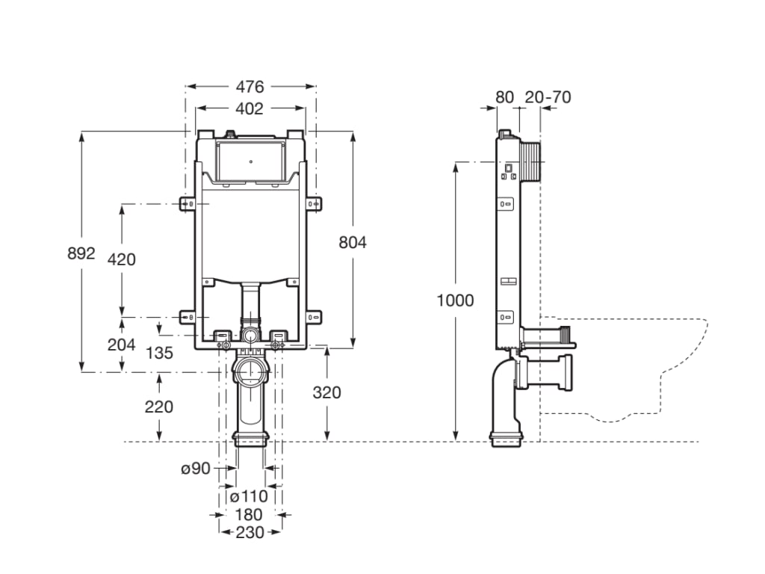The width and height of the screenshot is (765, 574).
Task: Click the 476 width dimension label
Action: point(250,87)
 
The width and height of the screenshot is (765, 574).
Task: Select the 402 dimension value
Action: point(250,109)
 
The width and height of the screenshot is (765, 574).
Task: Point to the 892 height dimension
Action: point(81,253)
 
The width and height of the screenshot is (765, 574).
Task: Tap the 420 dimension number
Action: point(122,259)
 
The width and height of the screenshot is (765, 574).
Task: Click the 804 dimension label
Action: point(353,242)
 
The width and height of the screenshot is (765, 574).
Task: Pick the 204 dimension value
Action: point(122,345)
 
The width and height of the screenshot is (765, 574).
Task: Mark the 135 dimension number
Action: point(159,352)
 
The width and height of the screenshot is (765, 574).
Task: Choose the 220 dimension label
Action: point(158,407)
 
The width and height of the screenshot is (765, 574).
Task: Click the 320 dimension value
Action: point(326,392)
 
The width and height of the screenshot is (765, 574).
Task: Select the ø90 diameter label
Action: point(195,469)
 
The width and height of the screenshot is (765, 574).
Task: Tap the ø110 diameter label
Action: point(249,496)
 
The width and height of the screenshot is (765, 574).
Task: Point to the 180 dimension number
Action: point(249,514)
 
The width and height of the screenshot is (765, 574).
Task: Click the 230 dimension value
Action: point(250,532)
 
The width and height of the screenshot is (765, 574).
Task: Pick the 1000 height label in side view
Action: point(456,300)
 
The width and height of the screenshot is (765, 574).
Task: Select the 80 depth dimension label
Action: point(505,97)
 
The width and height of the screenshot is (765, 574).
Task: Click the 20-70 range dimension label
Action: point(548,97)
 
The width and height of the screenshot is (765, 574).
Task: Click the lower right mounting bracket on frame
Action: point(313,317)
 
